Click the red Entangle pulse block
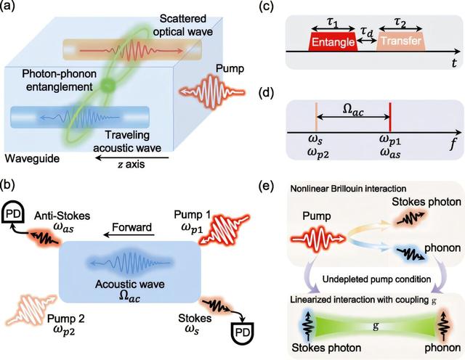coord(333,42)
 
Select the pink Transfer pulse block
coord(401,41)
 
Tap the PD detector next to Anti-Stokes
coord(13,214)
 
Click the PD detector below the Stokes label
coord(243,332)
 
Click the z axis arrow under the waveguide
coord(132,158)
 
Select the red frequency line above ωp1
coord(390,117)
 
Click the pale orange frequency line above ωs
coord(316,117)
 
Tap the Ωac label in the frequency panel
coord(353,110)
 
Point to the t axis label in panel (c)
coord(454,63)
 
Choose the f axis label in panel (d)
coord(453,144)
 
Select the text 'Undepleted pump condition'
coord(376,279)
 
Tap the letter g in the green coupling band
coord(376,326)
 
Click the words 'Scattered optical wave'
coord(183,25)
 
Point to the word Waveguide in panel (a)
coord(32,158)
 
